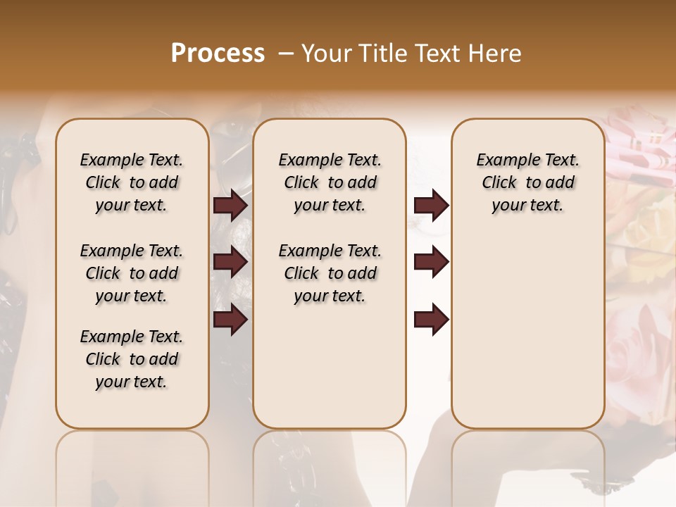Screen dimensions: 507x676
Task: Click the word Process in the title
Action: click(218, 54)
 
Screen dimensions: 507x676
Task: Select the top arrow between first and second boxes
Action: click(230, 206)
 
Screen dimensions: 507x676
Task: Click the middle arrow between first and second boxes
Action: click(230, 263)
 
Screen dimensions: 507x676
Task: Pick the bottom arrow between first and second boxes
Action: click(230, 320)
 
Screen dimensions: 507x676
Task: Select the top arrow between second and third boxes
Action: click(432, 206)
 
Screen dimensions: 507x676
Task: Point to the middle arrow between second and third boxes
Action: click(432, 263)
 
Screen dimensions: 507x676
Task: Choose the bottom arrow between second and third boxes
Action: click(432, 320)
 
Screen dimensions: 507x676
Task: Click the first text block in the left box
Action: click(132, 182)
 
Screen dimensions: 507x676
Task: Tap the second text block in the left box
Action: click(132, 273)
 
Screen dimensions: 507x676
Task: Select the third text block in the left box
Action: click(132, 359)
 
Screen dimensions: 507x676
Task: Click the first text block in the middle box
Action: click(330, 182)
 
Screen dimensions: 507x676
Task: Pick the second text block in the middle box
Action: click(330, 273)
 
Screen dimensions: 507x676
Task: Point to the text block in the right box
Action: click(528, 182)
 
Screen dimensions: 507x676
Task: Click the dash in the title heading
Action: click(285, 54)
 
